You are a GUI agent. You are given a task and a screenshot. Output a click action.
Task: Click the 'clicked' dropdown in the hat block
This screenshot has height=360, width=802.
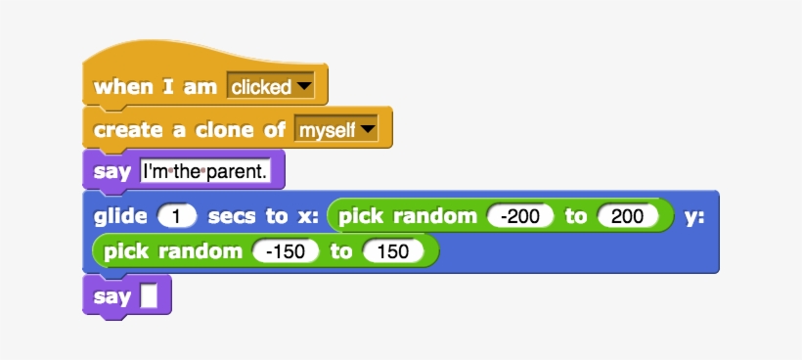click(x=270, y=87)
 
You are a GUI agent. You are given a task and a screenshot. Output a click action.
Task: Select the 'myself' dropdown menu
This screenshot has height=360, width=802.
click(x=335, y=130)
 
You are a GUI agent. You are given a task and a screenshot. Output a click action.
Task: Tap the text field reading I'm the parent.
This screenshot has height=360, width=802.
click(x=211, y=172)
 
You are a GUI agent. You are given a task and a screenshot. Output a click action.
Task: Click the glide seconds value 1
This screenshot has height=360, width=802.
click(x=177, y=216)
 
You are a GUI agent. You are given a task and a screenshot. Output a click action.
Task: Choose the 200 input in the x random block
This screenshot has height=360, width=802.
click(x=627, y=216)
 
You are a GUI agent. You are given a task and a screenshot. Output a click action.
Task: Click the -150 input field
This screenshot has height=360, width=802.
click(x=286, y=252)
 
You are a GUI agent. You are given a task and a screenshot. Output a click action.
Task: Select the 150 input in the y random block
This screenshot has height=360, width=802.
click(x=392, y=252)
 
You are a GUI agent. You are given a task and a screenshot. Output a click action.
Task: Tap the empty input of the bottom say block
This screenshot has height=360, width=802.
click(x=149, y=295)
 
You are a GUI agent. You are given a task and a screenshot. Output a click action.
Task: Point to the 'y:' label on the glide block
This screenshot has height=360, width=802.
click(x=694, y=216)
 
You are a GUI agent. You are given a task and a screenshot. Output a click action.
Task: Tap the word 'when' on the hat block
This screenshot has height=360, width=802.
click(x=122, y=87)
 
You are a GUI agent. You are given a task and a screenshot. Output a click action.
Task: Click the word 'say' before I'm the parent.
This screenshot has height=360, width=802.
click(x=111, y=172)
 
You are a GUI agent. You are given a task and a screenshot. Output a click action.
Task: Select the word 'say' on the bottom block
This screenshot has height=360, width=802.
click(x=111, y=295)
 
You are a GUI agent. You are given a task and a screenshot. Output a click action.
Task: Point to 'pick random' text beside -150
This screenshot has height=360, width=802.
click(x=172, y=252)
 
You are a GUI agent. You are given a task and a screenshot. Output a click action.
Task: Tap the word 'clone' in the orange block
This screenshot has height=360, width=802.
click(x=229, y=130)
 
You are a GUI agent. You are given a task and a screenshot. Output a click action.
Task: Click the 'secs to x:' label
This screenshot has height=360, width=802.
click(x=263, y=216)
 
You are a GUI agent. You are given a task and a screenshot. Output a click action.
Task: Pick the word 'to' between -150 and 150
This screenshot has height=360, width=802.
click(x=340, y=252)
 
